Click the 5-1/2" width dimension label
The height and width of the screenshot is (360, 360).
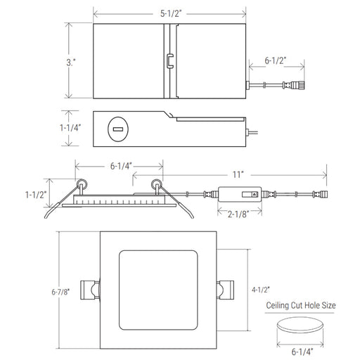[171, 13]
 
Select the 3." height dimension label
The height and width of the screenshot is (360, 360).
[71, 63]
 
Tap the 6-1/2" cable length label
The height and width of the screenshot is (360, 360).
[276, 60]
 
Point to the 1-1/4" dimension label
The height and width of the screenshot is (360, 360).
[70, 128]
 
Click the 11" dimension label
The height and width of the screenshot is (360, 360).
[238, 174]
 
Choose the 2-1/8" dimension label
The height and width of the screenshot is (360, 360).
[238, 214]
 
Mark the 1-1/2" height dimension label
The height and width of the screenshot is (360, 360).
[36, 195]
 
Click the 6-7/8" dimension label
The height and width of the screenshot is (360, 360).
[60, 292]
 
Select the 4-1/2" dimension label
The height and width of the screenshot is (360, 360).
[261, 290]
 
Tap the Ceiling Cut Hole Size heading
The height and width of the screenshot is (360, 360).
[301, 305]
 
